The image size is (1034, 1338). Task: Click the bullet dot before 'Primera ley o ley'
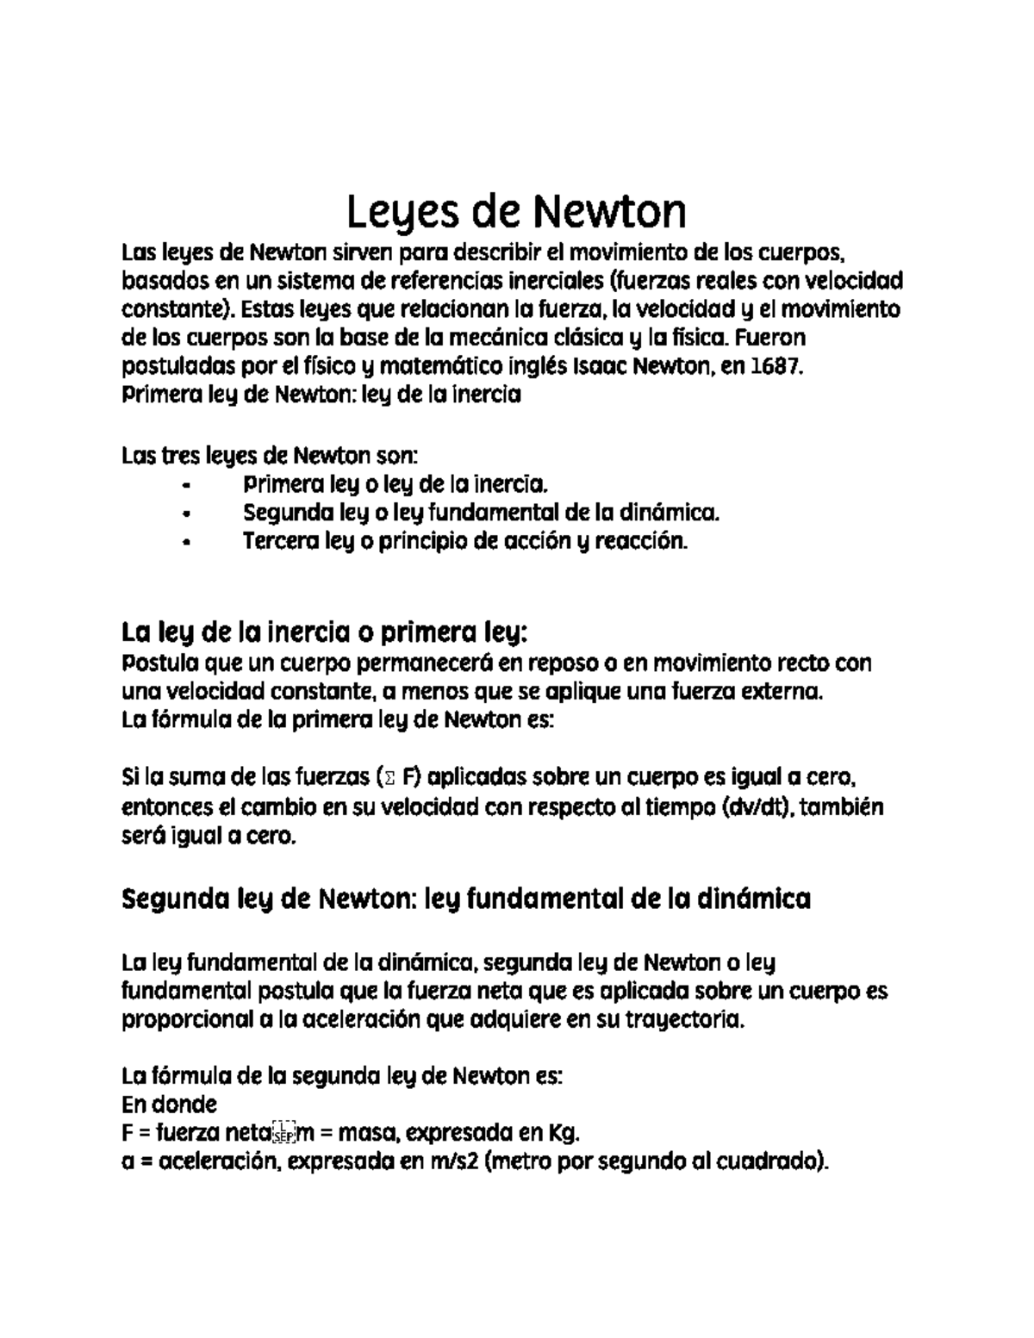[186, 485]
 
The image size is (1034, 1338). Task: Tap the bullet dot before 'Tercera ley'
[186, 544]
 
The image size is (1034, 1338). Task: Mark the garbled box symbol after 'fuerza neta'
[283, 1132]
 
